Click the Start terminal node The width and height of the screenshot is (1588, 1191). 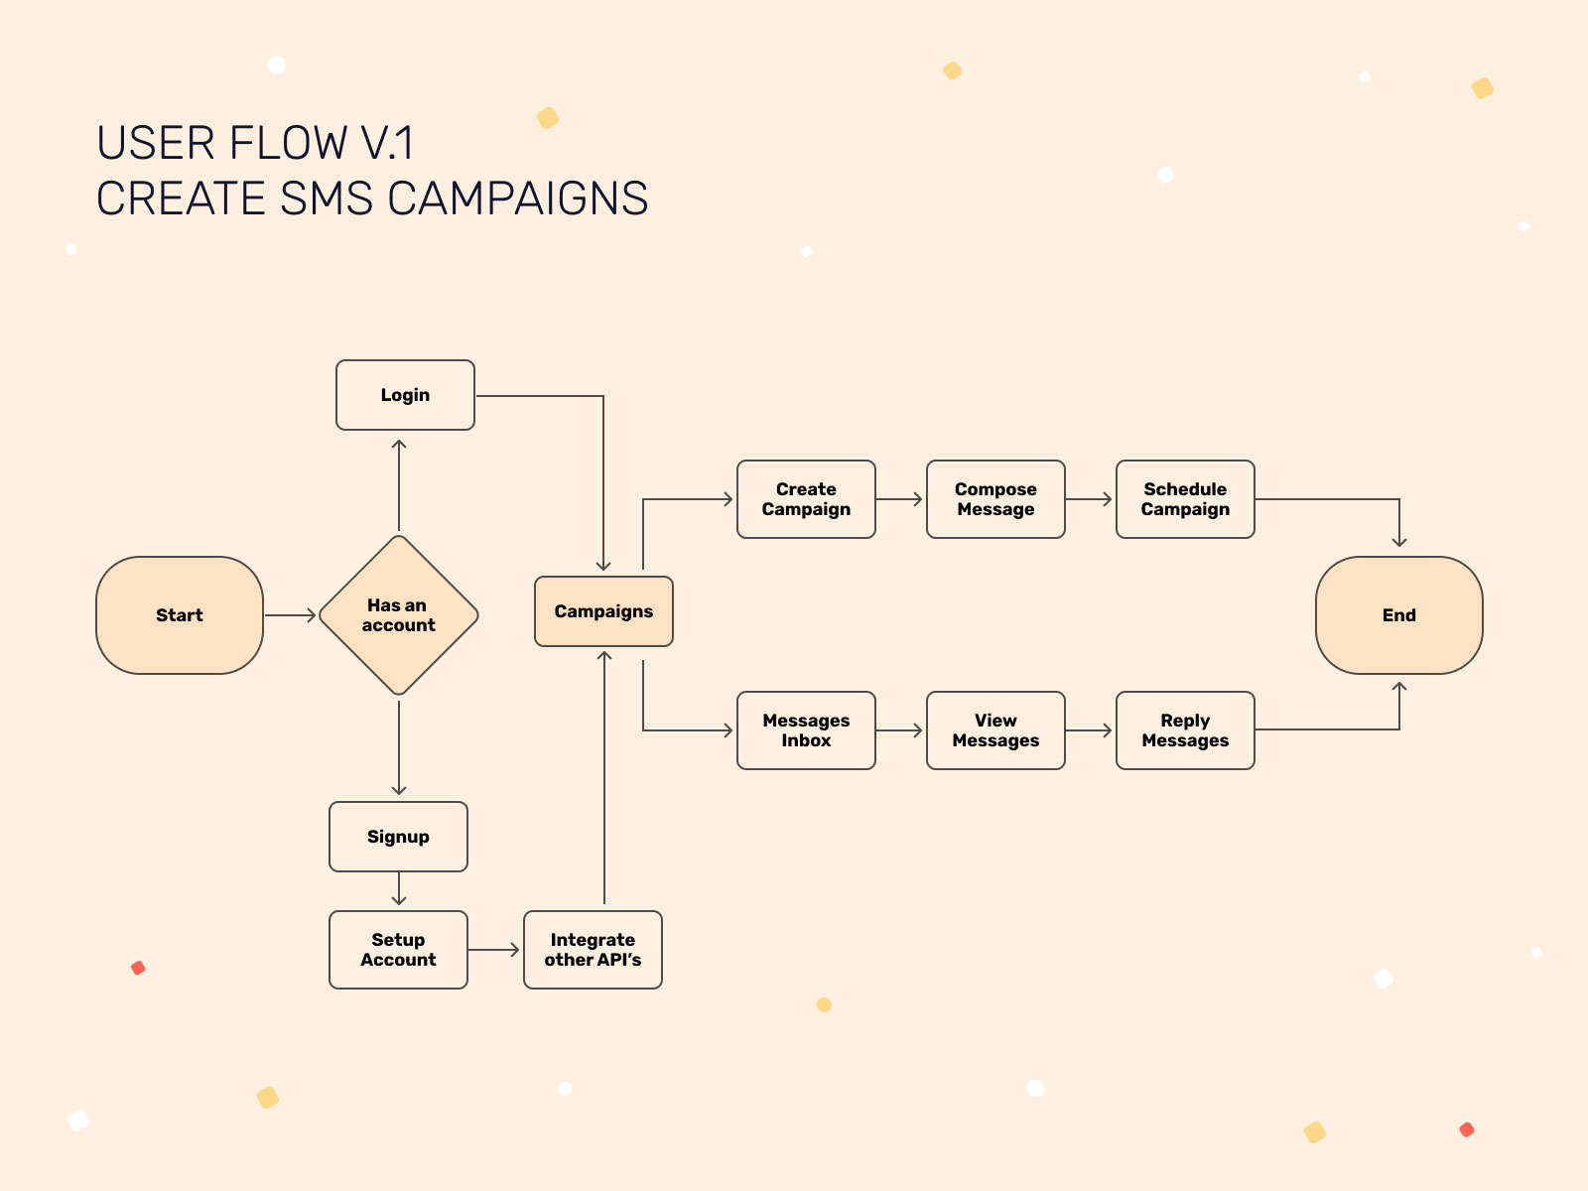point(180,615)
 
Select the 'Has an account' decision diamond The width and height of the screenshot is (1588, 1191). point(399,615)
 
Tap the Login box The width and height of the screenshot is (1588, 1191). point(405,395)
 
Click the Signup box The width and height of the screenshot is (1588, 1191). point(398,837)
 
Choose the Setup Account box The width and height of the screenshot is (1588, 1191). point(398,950)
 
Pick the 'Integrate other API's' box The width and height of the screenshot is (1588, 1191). point(593,950)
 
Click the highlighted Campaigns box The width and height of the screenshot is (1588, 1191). point(603,611)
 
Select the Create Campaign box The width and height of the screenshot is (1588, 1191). point(806,499)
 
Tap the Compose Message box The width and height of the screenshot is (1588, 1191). point(995,499)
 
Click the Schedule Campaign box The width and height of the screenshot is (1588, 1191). point(1185,499)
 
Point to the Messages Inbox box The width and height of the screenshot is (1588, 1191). point(806,730)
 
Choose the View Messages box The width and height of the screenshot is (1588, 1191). point(995,730)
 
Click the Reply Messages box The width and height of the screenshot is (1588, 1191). point(1185,730)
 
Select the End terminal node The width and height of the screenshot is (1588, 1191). point(1398,615)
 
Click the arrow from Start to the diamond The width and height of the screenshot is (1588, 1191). point(290,615)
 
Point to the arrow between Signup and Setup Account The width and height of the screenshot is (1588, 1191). point(399,889)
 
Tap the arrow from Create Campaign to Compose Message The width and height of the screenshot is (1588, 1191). point(900,499)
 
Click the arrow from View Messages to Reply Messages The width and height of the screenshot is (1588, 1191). point(1090,730)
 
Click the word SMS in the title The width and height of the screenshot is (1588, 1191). point(327,199)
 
